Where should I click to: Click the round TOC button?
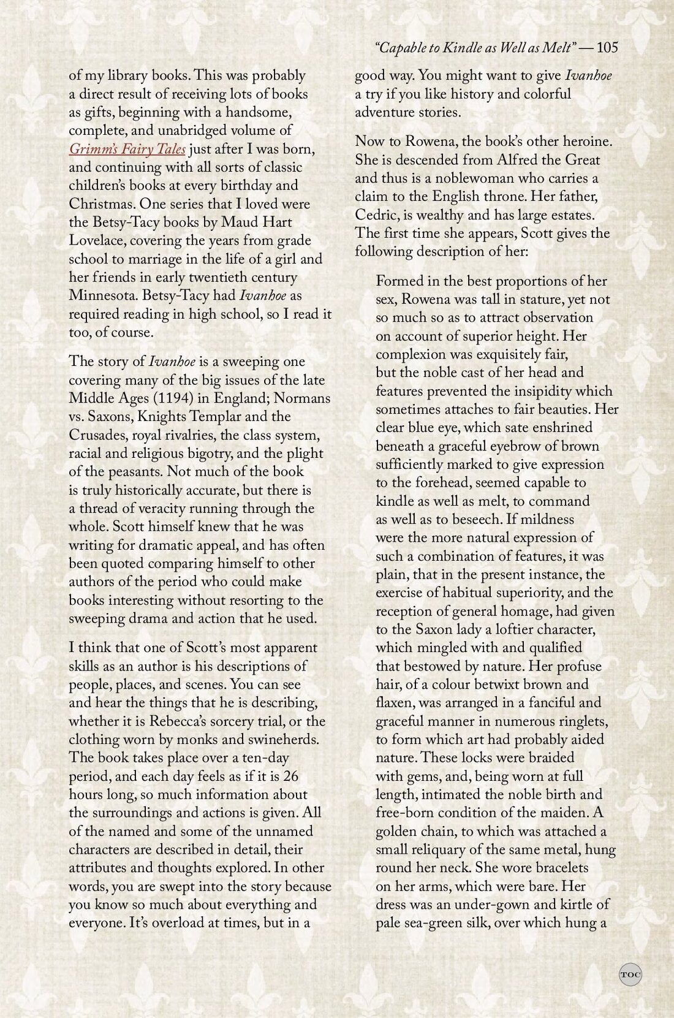click(630, 974)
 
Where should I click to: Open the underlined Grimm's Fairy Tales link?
click(127, 149)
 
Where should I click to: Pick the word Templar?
click(243, 417)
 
